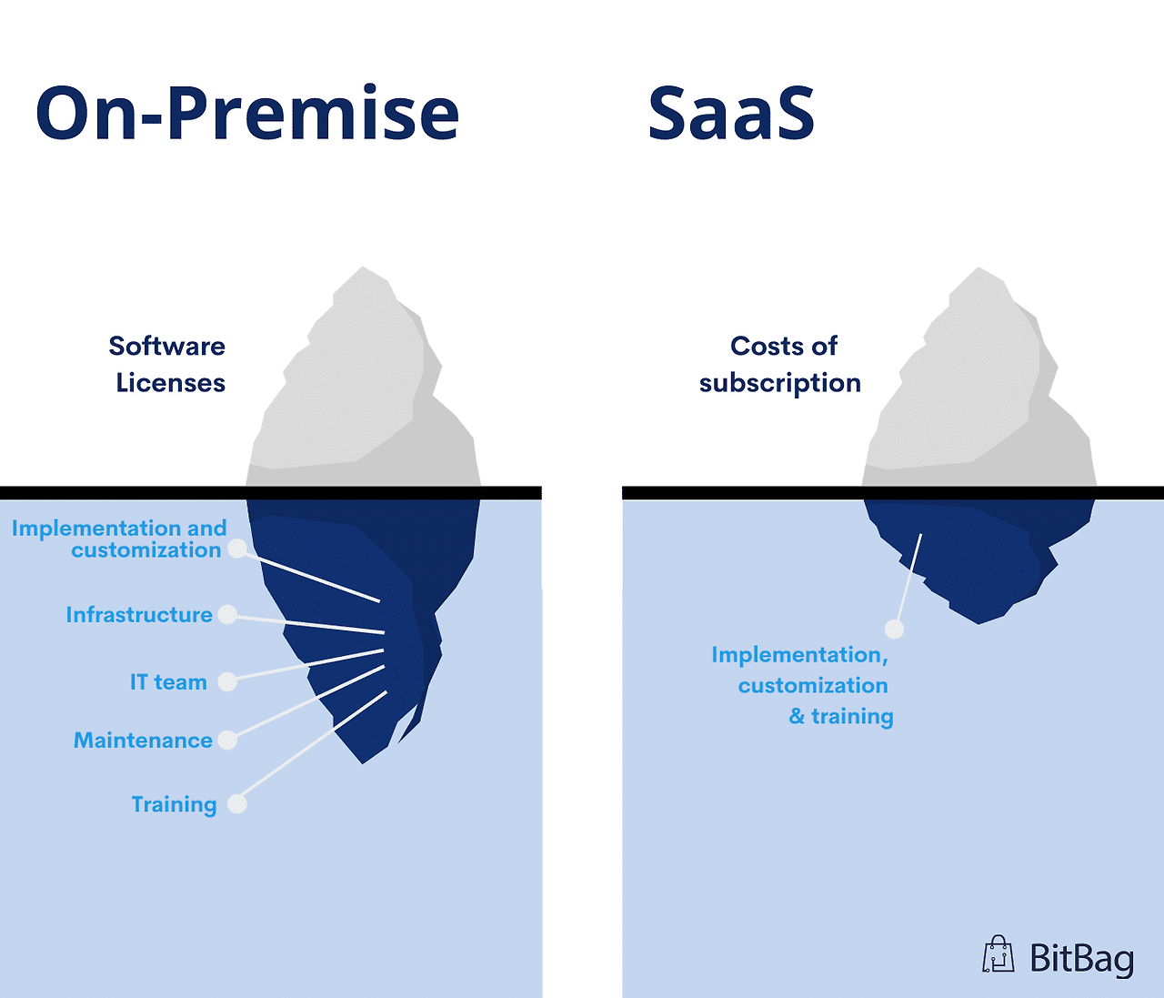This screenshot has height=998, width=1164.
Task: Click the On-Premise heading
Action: click(x=247, y=114)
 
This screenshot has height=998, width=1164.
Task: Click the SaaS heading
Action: click(x=731, y=114)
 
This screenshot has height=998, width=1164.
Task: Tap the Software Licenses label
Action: click(x=168, y=364)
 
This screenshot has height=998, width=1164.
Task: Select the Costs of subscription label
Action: click(x=780, y=364)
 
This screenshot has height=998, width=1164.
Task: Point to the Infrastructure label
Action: click(x=139, y=615)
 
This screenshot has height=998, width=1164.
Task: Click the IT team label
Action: click(x=168, y=682)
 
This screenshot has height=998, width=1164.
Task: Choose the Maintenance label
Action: click(x=143, y=741)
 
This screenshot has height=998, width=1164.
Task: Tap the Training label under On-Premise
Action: click(x=174, y=804)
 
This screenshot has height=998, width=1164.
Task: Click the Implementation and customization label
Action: click(x=119, y=539)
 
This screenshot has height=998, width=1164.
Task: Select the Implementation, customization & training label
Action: click(x=803, y=685)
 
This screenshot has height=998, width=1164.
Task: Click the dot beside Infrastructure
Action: click(x=228, y=615)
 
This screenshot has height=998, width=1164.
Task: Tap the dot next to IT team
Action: click(x=228, y=681)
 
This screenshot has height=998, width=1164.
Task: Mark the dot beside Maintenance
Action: click(x=228, y=740)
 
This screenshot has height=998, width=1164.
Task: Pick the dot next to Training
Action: click(x=237, y=804)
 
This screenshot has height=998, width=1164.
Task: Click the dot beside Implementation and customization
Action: click(x=237, y=549)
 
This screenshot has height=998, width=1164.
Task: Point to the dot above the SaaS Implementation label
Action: click(x=895, y=629)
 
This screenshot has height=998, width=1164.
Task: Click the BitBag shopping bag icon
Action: click(x=998, y=954)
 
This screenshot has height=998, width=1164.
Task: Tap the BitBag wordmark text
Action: click(x=1081, y=959)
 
